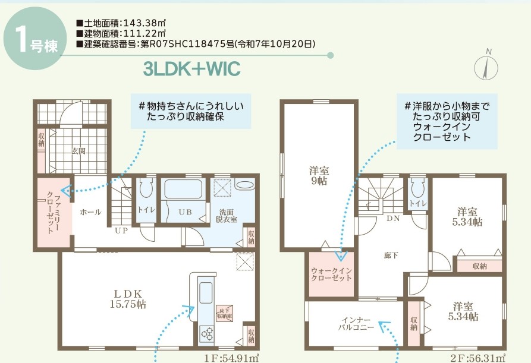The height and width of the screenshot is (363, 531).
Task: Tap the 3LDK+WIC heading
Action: click(191, 69)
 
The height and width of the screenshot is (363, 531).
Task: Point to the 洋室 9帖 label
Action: click(319, 176)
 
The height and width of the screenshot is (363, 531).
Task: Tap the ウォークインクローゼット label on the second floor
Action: click(331, 275)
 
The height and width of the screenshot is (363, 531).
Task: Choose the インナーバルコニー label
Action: click(356, 323)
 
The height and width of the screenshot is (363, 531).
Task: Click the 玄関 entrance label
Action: click(78, 151)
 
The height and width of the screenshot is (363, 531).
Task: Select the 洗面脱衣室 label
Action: click(227, 215)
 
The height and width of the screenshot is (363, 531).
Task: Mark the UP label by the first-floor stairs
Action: click(121, 231)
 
